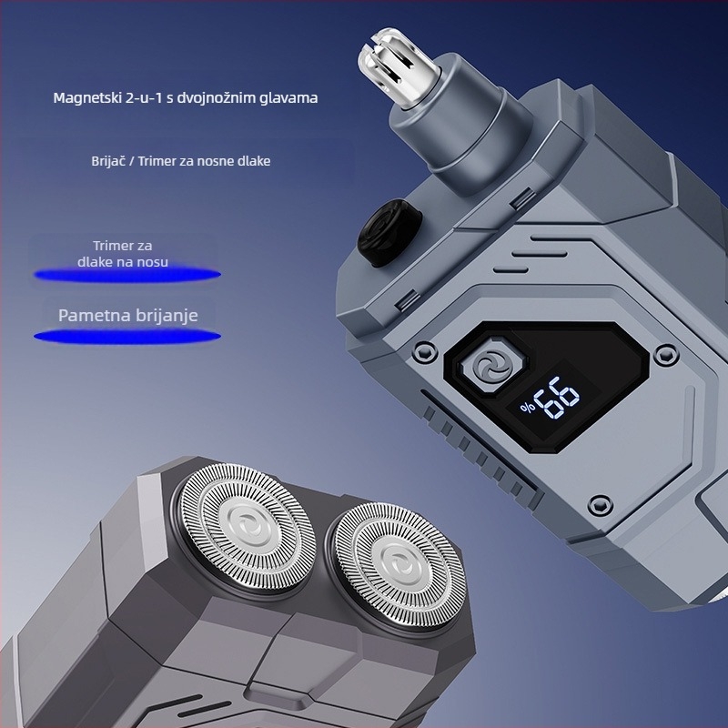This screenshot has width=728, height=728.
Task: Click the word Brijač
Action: click(x=107, y=161)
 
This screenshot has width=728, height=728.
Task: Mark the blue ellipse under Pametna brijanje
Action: click(x=127, y=336)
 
